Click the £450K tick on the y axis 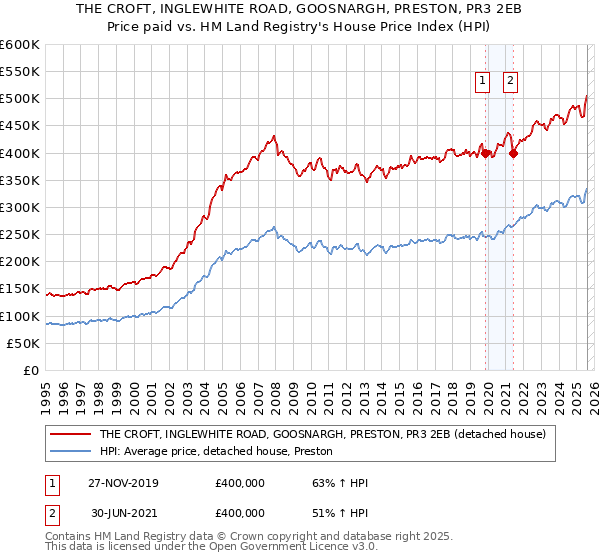coord(20,126)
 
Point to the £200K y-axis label coord(20,262)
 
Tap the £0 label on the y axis coord(32,371)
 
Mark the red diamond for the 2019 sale coord(485,153)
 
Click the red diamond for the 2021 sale coord(513,153)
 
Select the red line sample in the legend coord(69,435)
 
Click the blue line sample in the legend coord(69,452)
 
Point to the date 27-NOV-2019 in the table coord(122,483)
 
